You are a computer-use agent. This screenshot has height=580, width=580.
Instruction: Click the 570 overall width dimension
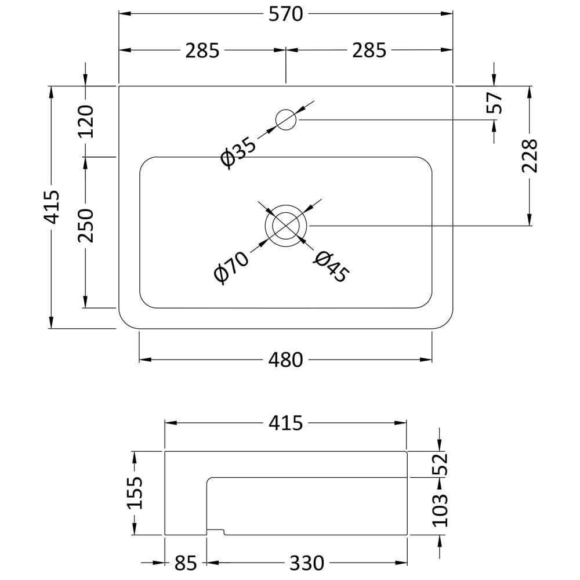285,14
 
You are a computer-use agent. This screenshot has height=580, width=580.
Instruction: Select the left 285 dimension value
202,50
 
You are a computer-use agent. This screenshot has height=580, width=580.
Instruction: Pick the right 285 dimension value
369,50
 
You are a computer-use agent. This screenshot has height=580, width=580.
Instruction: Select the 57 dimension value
495,103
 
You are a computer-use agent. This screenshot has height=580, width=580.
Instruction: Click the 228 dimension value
530,155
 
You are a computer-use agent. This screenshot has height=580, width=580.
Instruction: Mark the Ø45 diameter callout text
331,267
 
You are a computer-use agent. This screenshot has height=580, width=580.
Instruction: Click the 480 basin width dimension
285,360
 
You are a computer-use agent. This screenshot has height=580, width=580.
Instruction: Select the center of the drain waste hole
286,226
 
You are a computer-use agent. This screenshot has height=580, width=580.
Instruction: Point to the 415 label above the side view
285,423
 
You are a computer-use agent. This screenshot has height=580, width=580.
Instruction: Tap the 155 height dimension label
135,492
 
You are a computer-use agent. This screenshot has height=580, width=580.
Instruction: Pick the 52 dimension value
440,464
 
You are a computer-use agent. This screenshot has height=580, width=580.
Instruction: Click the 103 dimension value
440,510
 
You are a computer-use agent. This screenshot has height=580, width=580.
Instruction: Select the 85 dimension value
186,563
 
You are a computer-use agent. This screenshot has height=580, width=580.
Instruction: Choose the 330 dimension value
307,563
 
